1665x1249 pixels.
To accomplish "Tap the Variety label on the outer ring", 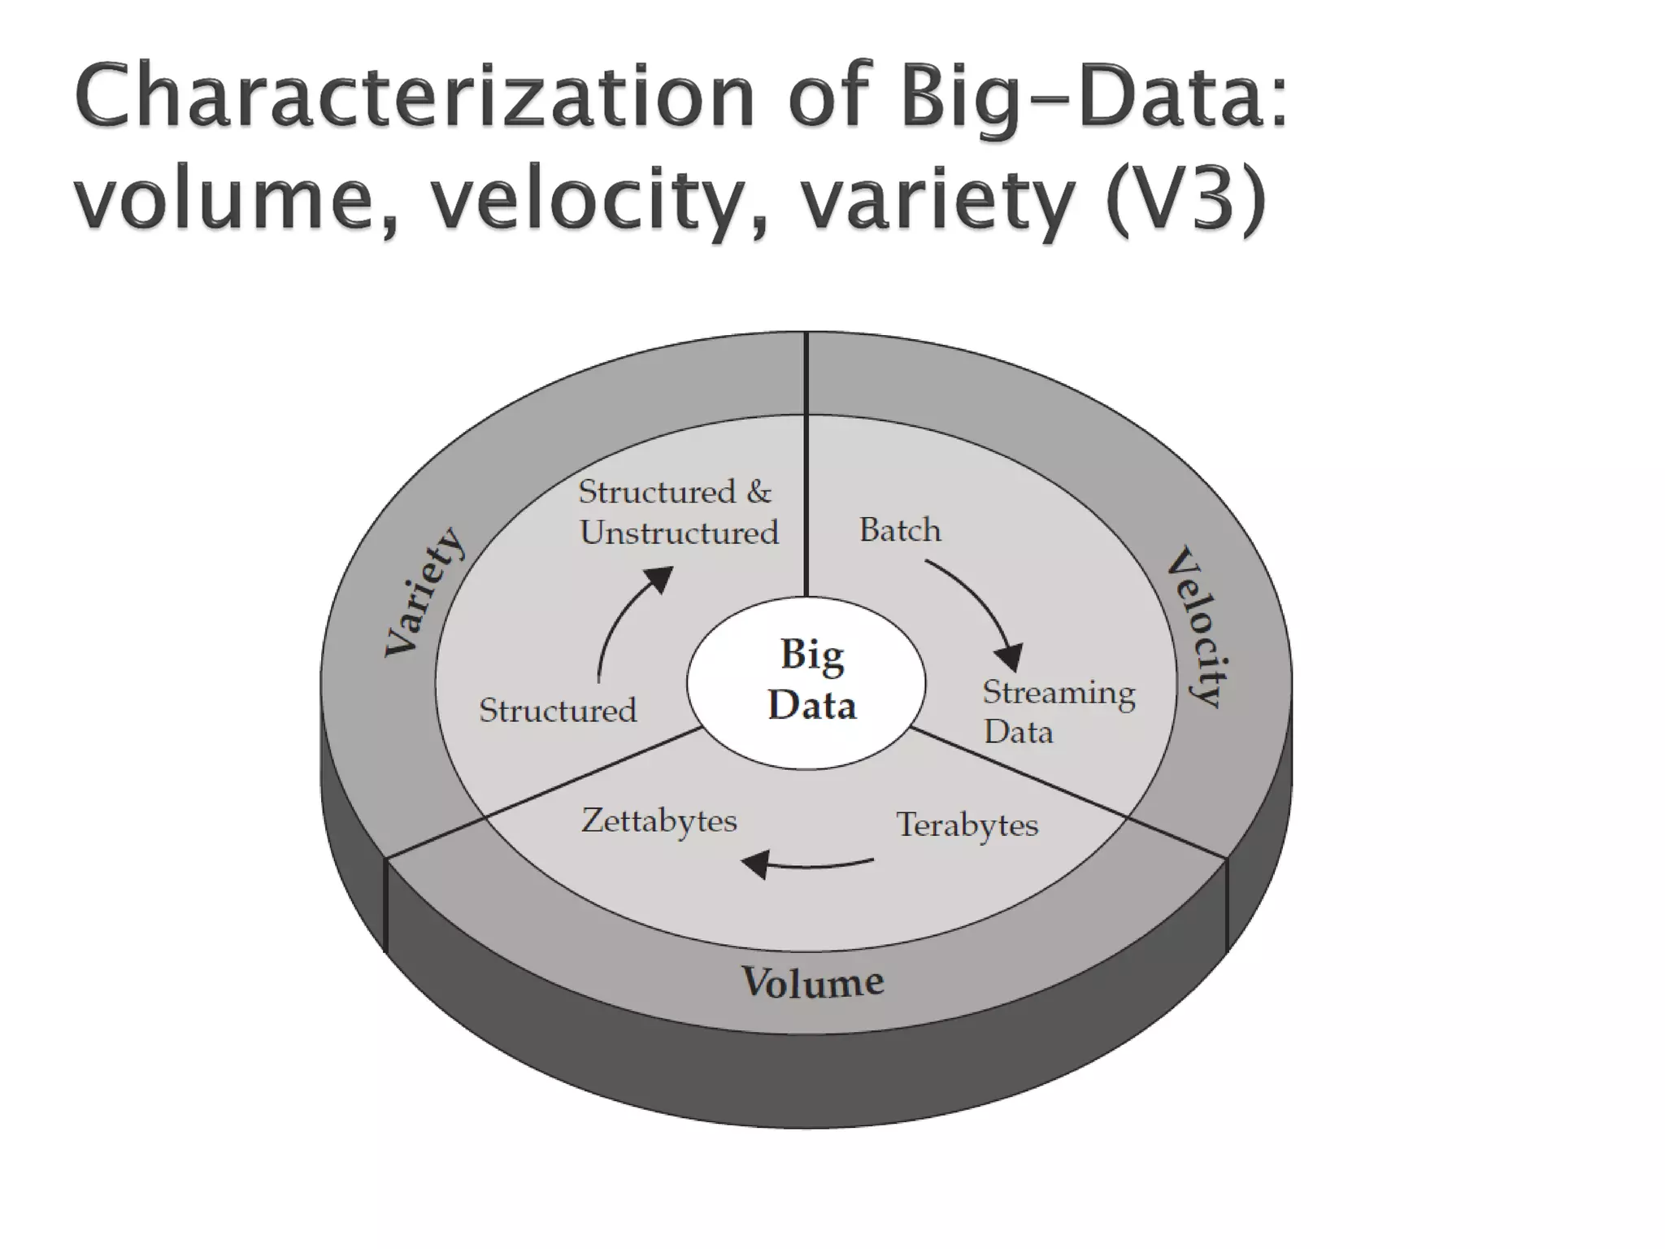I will [x=425, y=592].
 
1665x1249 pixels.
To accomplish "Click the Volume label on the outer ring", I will [x=812, y=981].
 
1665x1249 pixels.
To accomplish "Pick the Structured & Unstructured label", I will [x=677, y=512].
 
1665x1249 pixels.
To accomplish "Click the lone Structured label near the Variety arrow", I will [x=558, y=711].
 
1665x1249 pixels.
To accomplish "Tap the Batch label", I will [x=900, y=530].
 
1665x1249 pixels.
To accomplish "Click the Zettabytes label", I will [x=659, y=820].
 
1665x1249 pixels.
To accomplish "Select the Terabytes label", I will [x=967, y=825].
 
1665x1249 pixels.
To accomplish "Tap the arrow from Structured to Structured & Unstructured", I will [x=626, y=618].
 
